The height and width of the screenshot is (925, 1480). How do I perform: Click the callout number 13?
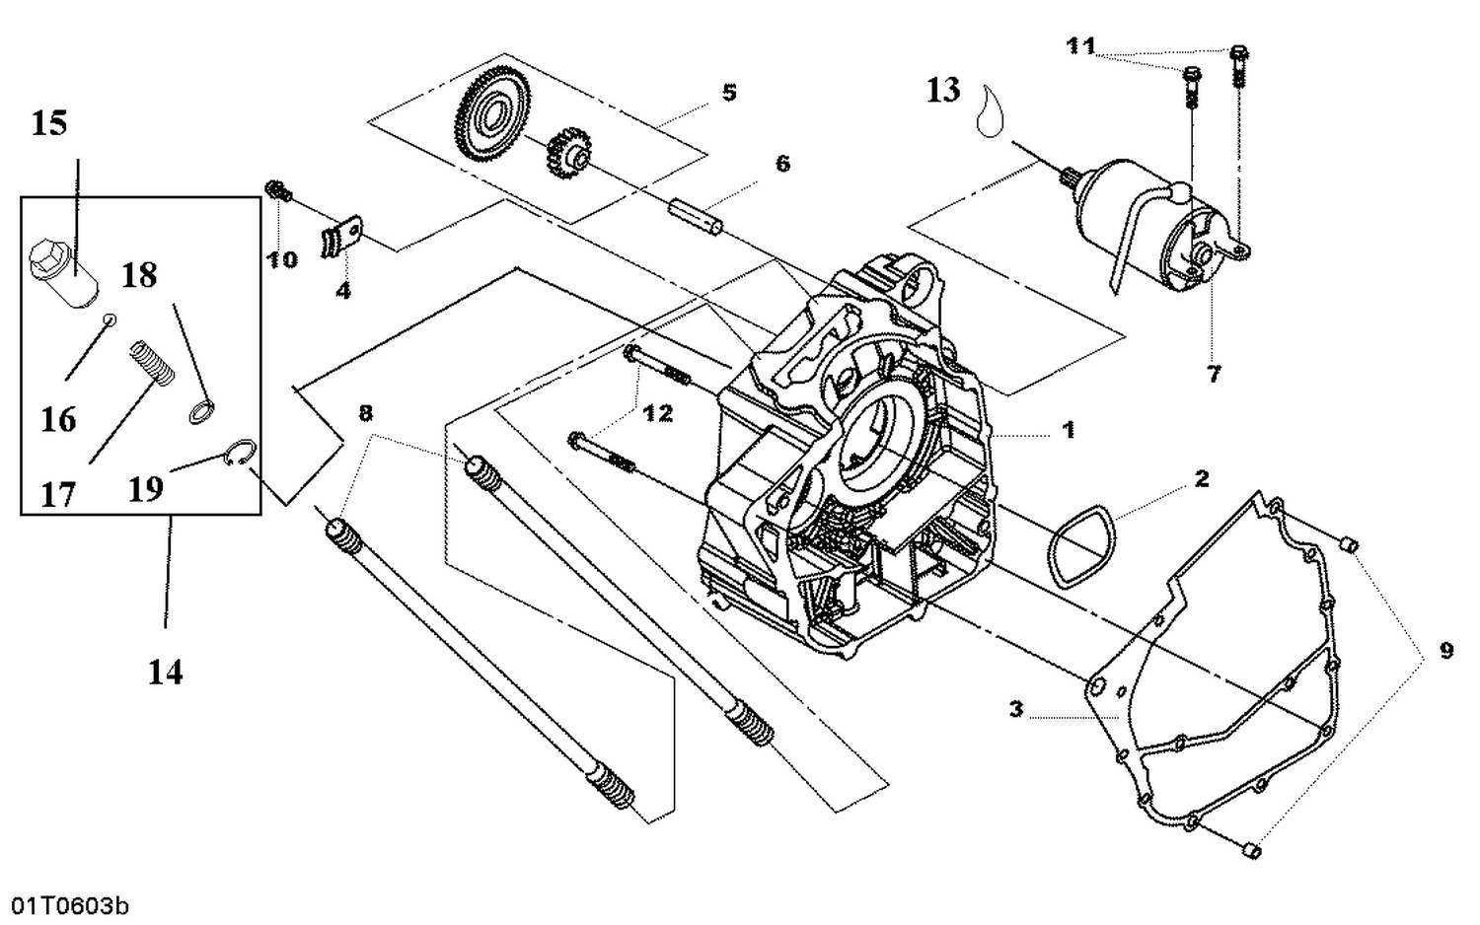click(942, 91)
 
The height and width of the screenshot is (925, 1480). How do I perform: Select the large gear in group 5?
click(491, 117)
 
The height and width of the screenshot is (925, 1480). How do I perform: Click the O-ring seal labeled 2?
click(1080, 545)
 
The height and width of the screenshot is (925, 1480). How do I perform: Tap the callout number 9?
click(1445, 651)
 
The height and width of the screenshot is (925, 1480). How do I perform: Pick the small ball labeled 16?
click(111, 319)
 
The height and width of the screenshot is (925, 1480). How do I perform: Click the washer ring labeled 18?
click(201, 411)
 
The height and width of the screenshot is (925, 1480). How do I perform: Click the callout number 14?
click(165, 673)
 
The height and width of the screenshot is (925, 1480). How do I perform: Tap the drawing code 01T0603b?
click(69, 905)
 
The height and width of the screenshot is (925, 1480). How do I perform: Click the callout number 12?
click(657, 413)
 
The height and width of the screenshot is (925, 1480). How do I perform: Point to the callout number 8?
click(365, 412)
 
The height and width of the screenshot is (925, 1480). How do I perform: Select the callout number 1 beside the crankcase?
click(1068, 430)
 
